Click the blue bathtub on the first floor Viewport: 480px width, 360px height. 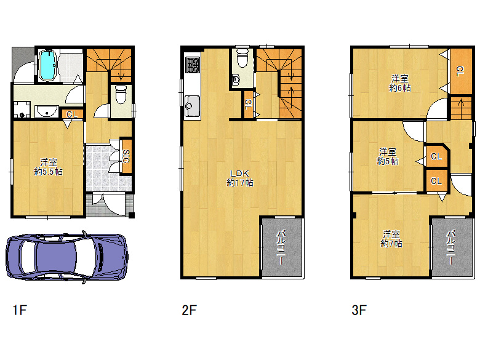pyautogui.click(x=48, y=66)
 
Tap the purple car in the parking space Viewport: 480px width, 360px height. pyautogui.click(x=66, y=257)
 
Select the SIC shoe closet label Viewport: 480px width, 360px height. pyautogui.click(x=126, y=156)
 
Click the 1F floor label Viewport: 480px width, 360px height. pyautogui.click(x=20, y=310)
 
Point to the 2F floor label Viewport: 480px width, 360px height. pyautogui.click(x=189, y=310)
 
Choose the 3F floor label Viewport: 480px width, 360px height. pyautogui.click(x=359, y=310)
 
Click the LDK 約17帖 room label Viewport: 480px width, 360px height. pyautogui.click(x=240, y=178)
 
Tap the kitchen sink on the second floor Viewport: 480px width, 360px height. pyautogui.click(x=192, y=106)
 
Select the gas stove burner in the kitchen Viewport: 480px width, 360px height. pyautogui.click(x=193, y=65)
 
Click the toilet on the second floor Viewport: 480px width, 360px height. pyautogui.click(x=242, y=59)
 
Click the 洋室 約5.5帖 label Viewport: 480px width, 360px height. pyautogui.click(x=49, y=167)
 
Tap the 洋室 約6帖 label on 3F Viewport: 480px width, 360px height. pyautogui.click(x=400, y=83)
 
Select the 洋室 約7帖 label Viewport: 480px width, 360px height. pyautogui.click(x=391, y=239)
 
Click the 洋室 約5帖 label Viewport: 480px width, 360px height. pyautogui.click(x=388, y=156)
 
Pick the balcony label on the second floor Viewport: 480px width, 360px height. pyautogui.click(x=282, y=247)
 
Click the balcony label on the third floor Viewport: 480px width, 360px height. pyautogui.click(x=451, y=247)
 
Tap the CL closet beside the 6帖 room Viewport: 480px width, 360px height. pyautogui.click(x=460, y=71)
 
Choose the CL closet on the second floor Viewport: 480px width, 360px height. pyautogui.click(x=248, y=104)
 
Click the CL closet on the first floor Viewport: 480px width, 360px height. pyautogui.click(x=72, y=114)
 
